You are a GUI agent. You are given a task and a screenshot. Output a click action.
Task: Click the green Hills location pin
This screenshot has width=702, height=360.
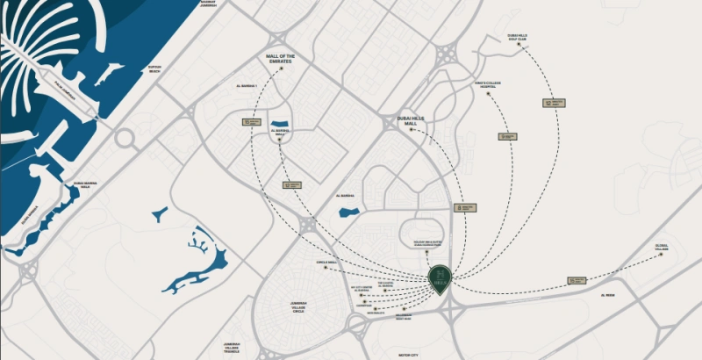[440, 278]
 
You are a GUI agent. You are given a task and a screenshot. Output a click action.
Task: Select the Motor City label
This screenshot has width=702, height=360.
[409, 354]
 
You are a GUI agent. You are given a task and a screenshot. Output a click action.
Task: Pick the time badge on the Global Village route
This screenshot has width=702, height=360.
[577, 280]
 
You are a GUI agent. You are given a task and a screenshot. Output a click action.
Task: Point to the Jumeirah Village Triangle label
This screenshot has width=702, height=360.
[232, 347]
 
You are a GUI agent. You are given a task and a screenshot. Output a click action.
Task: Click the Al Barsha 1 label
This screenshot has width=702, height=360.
[247, 86]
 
